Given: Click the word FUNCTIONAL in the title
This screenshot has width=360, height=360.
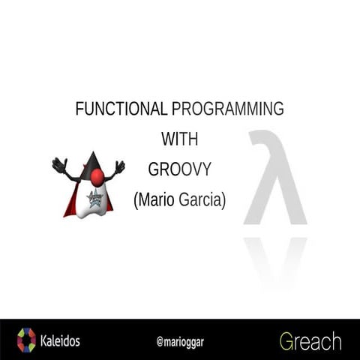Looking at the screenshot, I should (x=121, y=109).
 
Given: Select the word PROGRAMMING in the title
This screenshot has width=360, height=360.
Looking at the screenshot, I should (x=227, y=109).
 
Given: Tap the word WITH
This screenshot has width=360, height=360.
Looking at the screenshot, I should (x=179, y=139).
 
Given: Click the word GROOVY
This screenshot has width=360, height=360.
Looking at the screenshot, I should (x=179, y=169).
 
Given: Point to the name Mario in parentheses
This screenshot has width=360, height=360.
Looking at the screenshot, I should (x=156, y=201).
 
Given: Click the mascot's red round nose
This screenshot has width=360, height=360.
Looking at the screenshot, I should (x=97, y=177).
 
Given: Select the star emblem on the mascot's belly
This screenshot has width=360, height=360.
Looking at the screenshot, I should (x=95, y=199).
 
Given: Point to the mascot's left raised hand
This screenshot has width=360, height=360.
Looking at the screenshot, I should (x=59, y=164).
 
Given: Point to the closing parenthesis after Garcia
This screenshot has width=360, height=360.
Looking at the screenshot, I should (x=223, y=201).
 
